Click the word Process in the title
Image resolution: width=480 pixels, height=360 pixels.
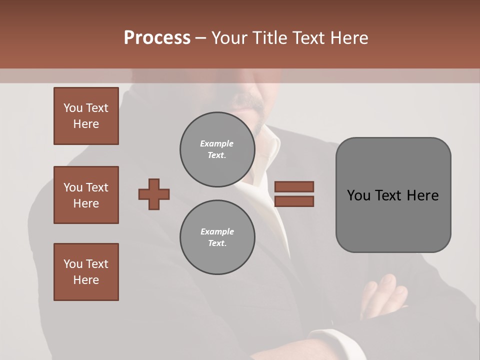click(x=157, y=38)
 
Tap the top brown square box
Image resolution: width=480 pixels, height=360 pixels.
click(x=86, y=116)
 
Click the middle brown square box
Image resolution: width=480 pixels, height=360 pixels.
click(x=86, y=195)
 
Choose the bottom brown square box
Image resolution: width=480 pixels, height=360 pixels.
click(x=86, y=272)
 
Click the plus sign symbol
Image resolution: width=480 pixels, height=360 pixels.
click(x=154, y=194)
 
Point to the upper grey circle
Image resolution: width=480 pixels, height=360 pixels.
click(x=217, y=149)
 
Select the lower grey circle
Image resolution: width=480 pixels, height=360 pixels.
click(x=217, y=237)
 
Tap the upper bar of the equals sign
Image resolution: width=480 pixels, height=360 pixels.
click(x=294, y=187)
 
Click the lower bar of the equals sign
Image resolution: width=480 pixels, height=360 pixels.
click(x=294, y=201)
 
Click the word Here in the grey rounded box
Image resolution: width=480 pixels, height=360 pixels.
click(x=422, y=195)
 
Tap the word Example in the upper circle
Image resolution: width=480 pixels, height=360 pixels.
click(x=216, y=143)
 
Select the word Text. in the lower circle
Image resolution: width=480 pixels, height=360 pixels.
click(x=217, y=243)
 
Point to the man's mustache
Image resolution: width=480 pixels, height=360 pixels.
click(x=250, y=102)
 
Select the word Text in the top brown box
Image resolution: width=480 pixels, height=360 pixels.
click(x=97, y=108)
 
